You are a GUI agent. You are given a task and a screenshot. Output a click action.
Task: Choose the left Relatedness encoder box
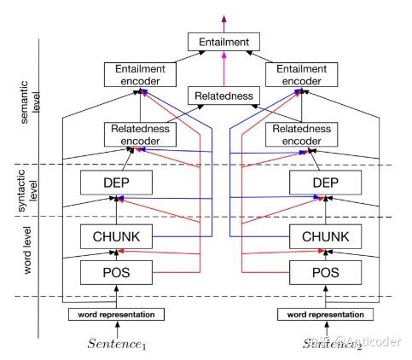click(x=131, y=133)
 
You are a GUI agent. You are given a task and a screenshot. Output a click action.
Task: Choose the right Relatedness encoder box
click(x=318, y=133)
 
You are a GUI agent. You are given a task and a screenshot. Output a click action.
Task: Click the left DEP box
click(x=116, y=182)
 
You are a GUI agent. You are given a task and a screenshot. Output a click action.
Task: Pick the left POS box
click(x=116, y=273)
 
